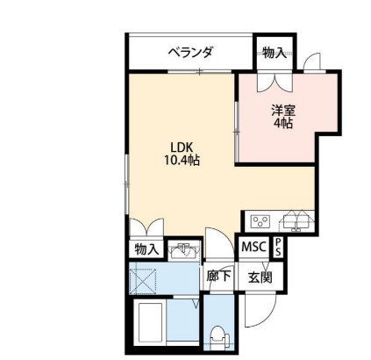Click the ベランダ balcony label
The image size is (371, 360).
[191, 54]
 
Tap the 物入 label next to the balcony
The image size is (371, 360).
[274, 54]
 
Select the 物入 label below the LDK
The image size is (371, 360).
[146, 249]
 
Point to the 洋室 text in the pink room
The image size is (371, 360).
[282, 110]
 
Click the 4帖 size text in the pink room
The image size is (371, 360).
[282, 124]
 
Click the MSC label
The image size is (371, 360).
[253, 248]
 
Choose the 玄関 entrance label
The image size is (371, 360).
[260, 277]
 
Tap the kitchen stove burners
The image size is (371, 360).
[260, 220]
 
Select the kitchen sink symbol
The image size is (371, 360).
[296, 220]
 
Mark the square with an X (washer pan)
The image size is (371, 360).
[145, 280]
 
